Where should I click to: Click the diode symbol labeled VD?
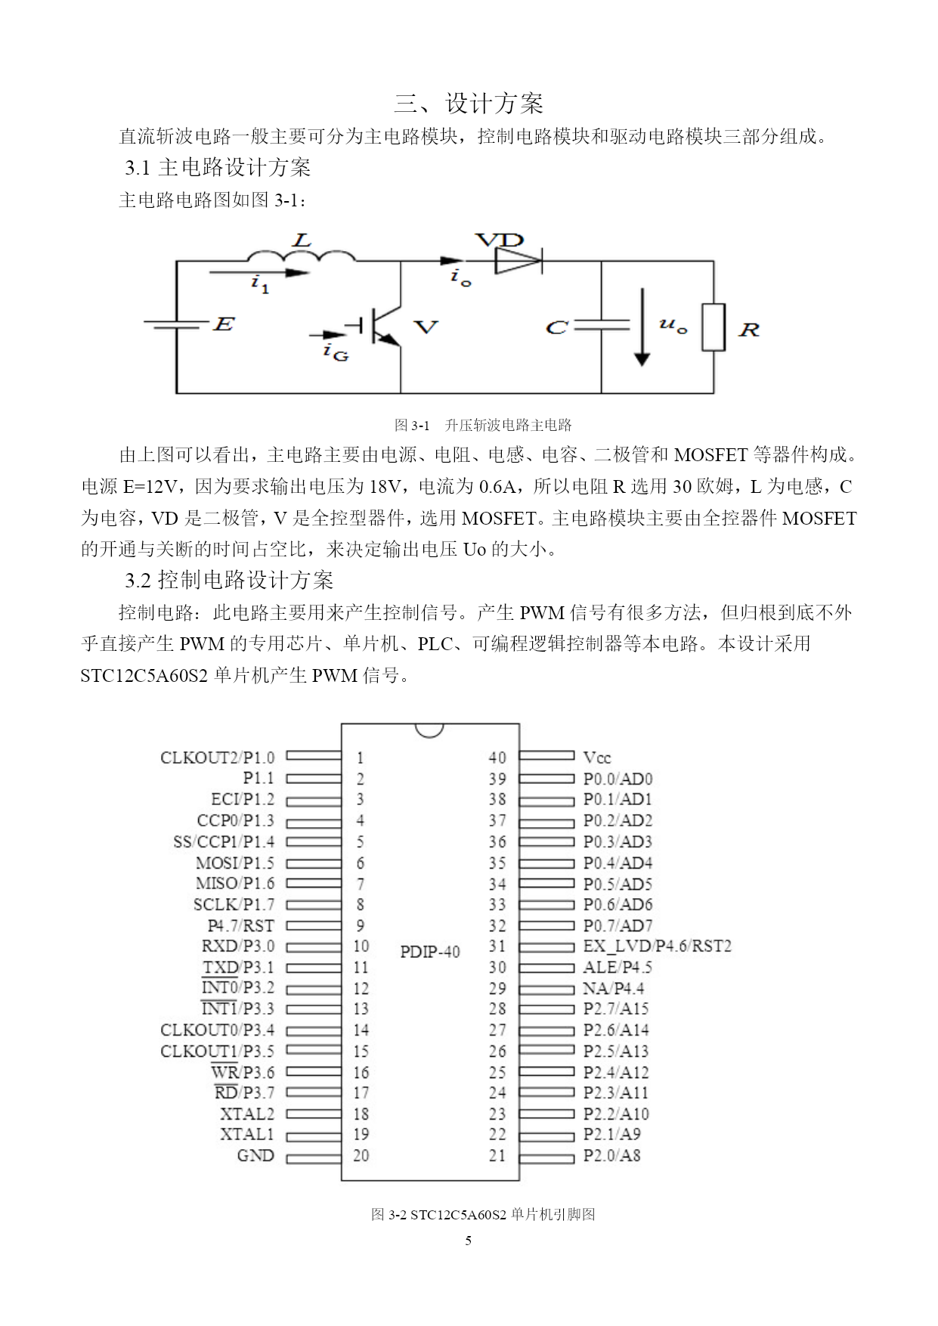[x=519, y=262]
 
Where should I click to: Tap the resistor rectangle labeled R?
[x=714, y=327]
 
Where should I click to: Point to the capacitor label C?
[x=556, y=328]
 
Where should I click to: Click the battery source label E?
[x=224, y=324]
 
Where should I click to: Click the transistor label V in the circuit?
[x=426, y=327]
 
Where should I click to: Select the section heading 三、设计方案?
[x=469, y=104]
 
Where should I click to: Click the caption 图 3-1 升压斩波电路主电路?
[x=483, y=425]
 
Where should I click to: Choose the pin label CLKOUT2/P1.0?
[x=218, y=757]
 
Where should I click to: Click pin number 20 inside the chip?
[x=361, y=1155]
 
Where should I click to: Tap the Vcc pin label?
[x=597, y=757]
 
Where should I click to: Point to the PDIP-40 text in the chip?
[x=430, y=952]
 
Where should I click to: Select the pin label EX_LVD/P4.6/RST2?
[x=658, y=946]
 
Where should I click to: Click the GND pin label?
[x=255, y=1155]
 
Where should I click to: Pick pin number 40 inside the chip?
[x=497, y=757]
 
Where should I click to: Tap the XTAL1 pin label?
[x=247, y=1134]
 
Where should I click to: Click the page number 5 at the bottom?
[x=469, y=1241]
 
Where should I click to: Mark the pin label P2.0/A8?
[x=611, y=1155]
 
